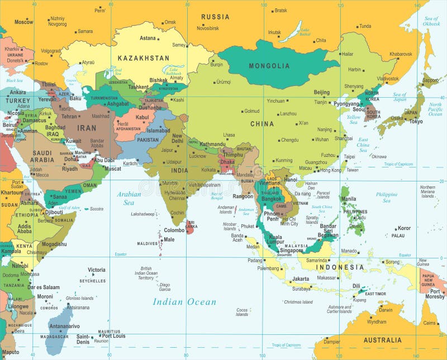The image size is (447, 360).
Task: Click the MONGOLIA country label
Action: pyautogui.click(x=269, y=66)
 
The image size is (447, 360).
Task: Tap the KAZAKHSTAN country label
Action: pyautogui.click(x=143, y=57)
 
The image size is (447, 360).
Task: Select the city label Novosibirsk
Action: pyautogui.click(x=207, y=28)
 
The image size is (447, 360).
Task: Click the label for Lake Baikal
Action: pyautogui.click(x=305, y=32)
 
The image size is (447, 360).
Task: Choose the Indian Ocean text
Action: pyautogui.click(x=184, y=302)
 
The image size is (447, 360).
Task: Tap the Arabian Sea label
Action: pyautogui.click(x=129, y=198)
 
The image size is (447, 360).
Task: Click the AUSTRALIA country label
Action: pyautogui.click(x=382, y=340)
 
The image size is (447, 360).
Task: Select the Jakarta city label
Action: pyautogui.click(x=301, y=279)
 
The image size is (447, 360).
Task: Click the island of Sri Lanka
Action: pyautogui.click(x=191, y=226)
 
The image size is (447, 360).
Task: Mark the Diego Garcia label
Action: pyautogui.click(x=164, y=287)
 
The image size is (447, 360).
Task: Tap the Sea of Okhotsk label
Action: pyautogui.click(x=431, y=21)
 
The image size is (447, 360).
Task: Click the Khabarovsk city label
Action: pyautogui.click(x=401, y=54)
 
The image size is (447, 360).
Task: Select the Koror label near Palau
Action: pyautogui.click(x=404, y=228)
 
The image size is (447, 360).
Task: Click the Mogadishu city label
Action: pyautogui.click(x=53, y=244)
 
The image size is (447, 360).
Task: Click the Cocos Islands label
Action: pyautogui.click(x=242, y=312)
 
